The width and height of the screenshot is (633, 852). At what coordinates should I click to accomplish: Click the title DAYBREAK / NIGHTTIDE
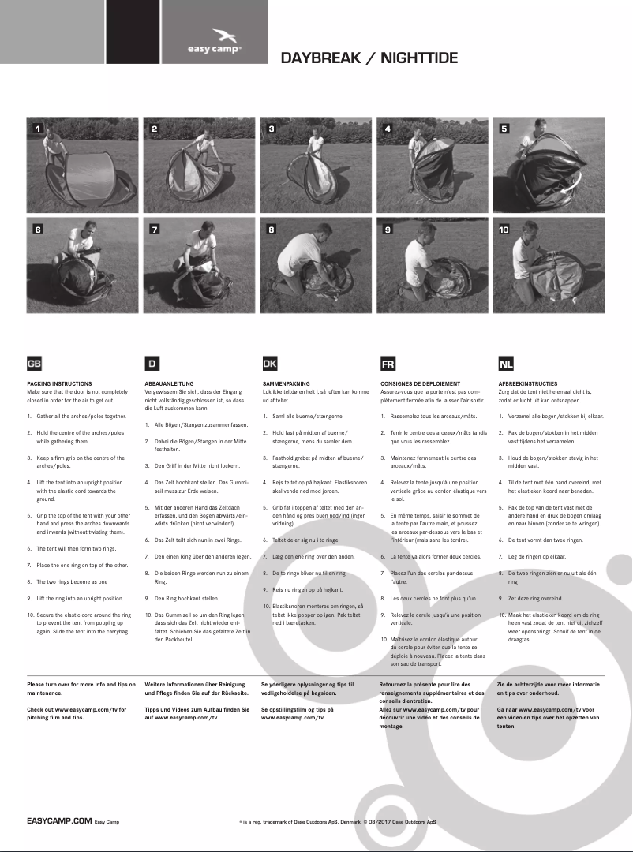pyautogui.click(x=369, y=58)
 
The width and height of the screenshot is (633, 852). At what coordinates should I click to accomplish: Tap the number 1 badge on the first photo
pyautogui.click(x=36, y=128)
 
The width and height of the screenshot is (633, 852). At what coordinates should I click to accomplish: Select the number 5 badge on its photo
pyautogui.click(x=504, y=128)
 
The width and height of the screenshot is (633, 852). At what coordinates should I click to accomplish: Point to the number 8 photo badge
pyautogui.click(x=271, y=229)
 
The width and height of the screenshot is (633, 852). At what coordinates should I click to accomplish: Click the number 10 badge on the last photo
pyautogui.click(x=504, y=229)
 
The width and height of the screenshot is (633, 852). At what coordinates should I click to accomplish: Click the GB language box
pyautogui.click(x=34, y=364)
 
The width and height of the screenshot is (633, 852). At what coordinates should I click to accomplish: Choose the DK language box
pyautogui.click(x=269, y=364)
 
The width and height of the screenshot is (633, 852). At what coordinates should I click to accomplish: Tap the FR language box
pyautogui.click(x=388, y=364)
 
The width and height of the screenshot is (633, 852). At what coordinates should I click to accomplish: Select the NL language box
pyautogui.click(x=505, y=364)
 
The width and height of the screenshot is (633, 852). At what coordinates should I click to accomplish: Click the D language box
pyautogui.click(x=152, y=364)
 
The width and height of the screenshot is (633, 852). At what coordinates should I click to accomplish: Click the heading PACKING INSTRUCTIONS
pyautogui.click(x=59, y=383)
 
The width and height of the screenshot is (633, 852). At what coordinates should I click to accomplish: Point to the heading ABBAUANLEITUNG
pyautogui.click(x=169, y=383)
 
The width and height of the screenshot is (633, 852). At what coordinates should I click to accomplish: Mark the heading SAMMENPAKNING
pyautogui.click(x=286, y=383)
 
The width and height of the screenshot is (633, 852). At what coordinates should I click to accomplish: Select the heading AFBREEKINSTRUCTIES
pyautogui.click(x=527, y=383)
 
